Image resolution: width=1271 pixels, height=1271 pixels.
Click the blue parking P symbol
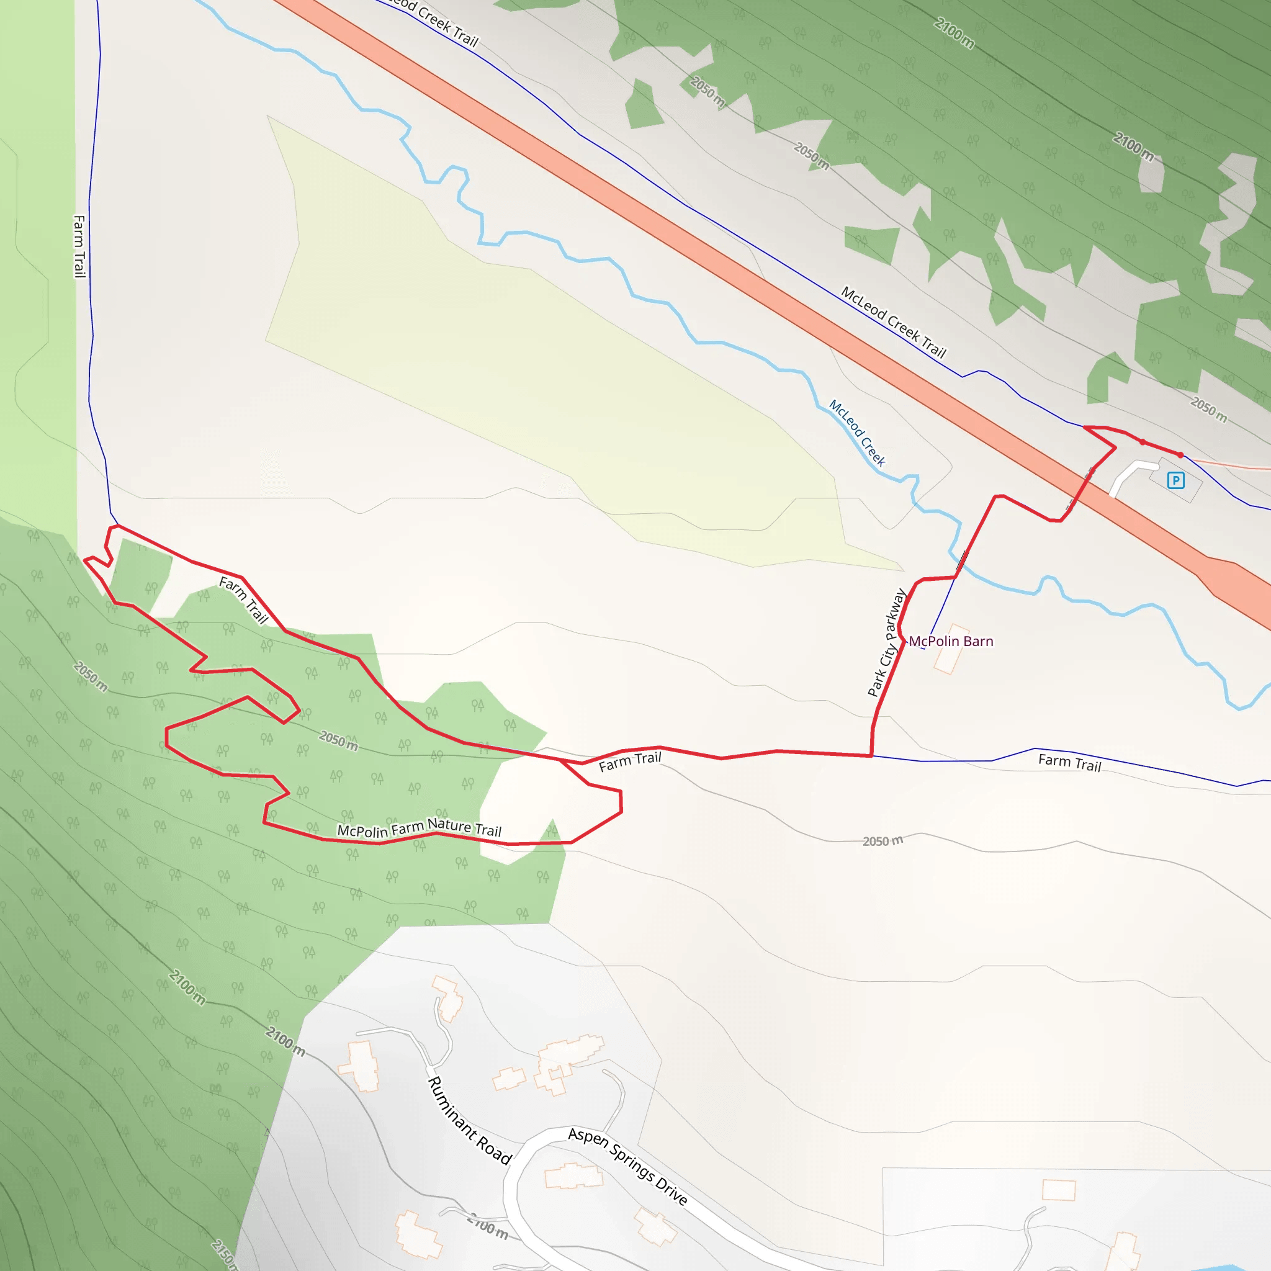click(x=1175, y=480)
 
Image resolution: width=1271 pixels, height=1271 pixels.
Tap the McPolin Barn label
click(x=951, y=642)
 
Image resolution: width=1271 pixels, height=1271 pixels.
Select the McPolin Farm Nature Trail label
click(x=419, y=829)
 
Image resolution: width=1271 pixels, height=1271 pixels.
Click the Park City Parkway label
click(x=887, y=643)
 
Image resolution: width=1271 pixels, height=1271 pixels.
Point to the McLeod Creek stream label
click(x=857, y=433)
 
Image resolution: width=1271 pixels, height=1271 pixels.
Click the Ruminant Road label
click(x=469, y=1120)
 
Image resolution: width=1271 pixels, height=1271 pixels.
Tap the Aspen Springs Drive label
click(x=627, y=1165)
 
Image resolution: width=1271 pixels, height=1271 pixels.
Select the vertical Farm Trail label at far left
click(x=79, y=247)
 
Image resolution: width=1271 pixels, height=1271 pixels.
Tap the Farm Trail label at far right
click(x=1070, y=763)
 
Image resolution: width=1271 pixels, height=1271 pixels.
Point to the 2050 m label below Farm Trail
click(x=883, y=841)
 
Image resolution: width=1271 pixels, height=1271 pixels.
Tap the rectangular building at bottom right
click(x=1059, y=1190)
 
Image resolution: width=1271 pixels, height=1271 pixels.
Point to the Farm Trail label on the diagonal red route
click(x=243, y=600)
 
